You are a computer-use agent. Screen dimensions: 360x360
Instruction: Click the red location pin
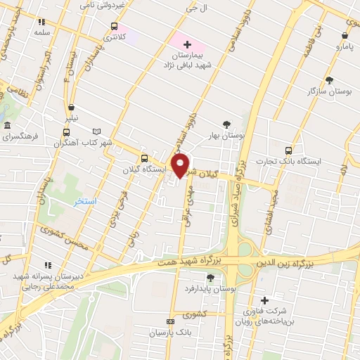[181, 166]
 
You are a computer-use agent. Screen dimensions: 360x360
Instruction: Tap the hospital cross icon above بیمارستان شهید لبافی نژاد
[186, 45]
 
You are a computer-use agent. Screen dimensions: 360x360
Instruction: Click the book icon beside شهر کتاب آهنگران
[97, 131]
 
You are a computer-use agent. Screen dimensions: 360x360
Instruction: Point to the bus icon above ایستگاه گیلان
[144, 158]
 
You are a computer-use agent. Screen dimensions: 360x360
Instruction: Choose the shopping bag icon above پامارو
[346, 34]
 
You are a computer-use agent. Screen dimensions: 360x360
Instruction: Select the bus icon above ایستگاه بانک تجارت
[288, 150]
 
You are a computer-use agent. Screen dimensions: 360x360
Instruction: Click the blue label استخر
[85, 202]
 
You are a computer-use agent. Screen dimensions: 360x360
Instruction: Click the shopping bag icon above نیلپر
[72, 107]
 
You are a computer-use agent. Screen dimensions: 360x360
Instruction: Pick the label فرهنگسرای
[22, 137]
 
